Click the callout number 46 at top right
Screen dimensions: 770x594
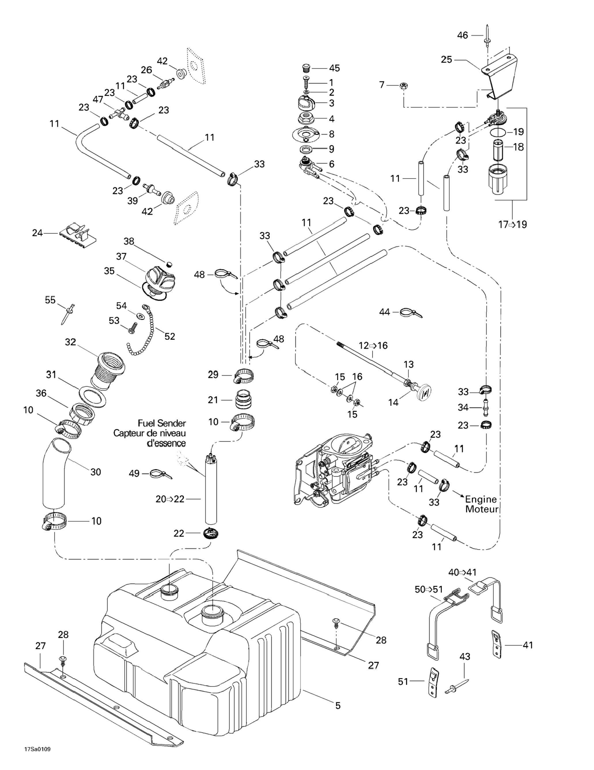(x=462, y=35)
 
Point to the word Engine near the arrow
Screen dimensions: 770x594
(x=481, y=499)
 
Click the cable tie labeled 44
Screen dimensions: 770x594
(x=411, y=313)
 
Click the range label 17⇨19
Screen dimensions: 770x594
(x=512, y=224)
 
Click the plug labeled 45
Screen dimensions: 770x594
(x=307, y=67)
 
